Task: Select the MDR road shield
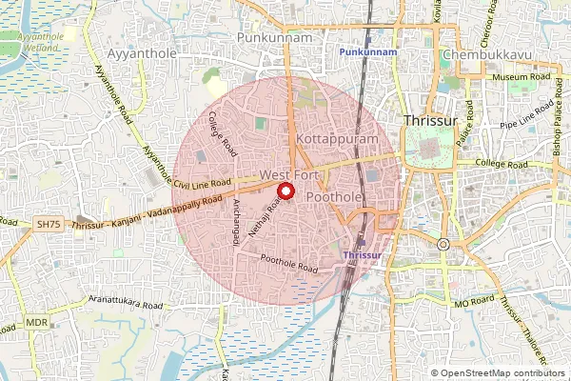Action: point(37,323)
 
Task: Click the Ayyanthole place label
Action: point(143,54)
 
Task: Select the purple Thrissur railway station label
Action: point(361,256)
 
